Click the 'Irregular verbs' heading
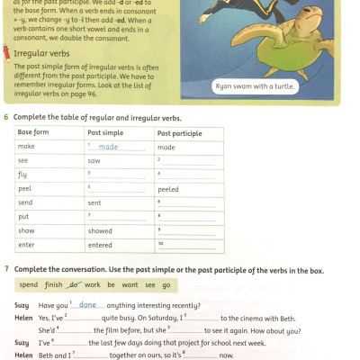pyautogui.click(x=40, y=53)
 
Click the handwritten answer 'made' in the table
pyautogui.click(x=108, y=147)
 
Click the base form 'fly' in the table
pyautogui.click(x=23, y=174)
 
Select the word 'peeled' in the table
pyautogui.click(x=168, y=189)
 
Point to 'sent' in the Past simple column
pyautogui.click(x=95, y=203)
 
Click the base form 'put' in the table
pyautogui.click(x=24, y=217)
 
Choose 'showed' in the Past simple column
pyautogui.click(x=100, y=231)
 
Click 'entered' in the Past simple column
pyautogui.click(x=100, y=245)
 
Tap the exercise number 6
pyautogui.click(x=7, y=118)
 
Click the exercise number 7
pyautogui.click(x=7, y=269)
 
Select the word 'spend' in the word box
pyautogui.click(x=29, y=285)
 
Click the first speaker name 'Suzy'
pyautogui.click(x=22, y=305)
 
